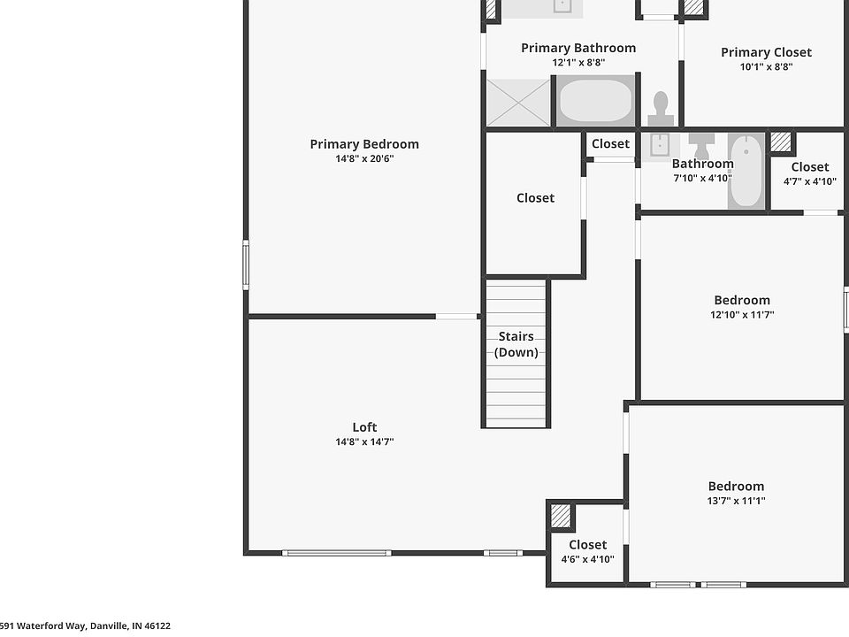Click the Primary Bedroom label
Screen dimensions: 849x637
point(364,144)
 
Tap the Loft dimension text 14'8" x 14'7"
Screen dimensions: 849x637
point(364,441)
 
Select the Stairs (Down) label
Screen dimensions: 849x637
point(516,344)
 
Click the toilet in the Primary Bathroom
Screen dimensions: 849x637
point(661,109)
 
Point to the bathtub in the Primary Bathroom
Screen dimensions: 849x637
point(595,101)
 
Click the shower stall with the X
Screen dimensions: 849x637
point(518,103)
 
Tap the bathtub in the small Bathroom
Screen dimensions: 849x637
point(746,171)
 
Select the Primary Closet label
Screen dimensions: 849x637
point(766,52)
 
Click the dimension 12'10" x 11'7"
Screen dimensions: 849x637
point(742,315)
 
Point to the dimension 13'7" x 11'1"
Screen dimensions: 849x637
point(737,501)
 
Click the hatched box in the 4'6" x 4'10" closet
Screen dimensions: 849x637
point(561,516)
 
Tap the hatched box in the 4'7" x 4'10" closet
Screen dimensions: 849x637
point(781,142)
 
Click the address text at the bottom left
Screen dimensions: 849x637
point(85,626)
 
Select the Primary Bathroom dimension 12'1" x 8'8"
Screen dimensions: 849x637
point(578,62)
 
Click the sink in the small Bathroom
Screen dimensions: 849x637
point(660,146)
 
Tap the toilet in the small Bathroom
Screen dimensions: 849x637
point(701,145)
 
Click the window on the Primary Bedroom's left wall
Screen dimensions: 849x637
point(245,265)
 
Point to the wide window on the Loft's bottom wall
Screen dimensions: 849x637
point(336,553)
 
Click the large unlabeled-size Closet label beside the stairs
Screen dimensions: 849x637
point(536,197)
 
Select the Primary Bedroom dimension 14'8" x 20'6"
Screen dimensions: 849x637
point(364,158)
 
